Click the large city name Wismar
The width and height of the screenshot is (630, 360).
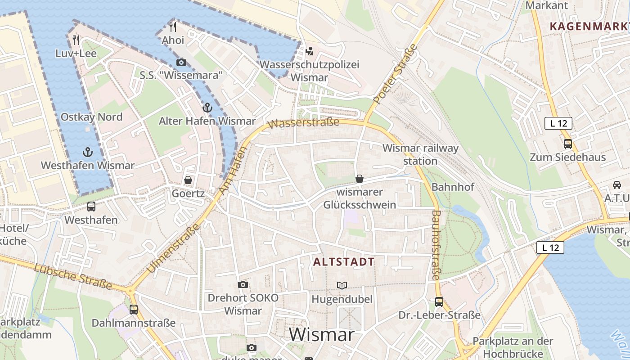[x=322, y=335]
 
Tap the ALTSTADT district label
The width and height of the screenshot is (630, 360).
[x=344, y=262]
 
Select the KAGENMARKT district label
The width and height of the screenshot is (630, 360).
[x=589, y=26]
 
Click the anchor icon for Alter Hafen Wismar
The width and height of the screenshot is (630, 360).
[x=207, y=108]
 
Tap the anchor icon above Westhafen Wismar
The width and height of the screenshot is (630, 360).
[x=88, y=152]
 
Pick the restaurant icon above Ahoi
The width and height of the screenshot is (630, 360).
[x=173, y=27]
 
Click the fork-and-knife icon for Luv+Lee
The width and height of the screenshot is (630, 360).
[x=76, y=40]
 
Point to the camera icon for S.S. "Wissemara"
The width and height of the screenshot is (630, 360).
[x=181, y=62]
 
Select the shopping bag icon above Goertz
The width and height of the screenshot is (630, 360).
[x=188, y=180]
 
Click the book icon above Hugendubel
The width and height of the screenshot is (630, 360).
[x=342, y=285]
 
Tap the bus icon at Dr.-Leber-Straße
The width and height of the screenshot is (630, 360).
[x=439, y=302]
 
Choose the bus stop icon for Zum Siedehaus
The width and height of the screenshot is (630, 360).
[x=568, y=144]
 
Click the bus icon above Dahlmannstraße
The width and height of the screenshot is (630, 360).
[x=134, y=310]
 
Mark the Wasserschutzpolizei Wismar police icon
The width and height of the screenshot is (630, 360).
[x=309, y=51]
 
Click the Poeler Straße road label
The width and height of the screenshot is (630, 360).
[x=396, y=73]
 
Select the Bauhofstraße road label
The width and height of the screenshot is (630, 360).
[x=436, y=245]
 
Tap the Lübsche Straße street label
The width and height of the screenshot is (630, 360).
[x=73, y=275]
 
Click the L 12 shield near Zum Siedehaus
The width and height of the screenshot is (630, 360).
[x=558, y=123]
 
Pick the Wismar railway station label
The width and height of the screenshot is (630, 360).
[x=420, y=154]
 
